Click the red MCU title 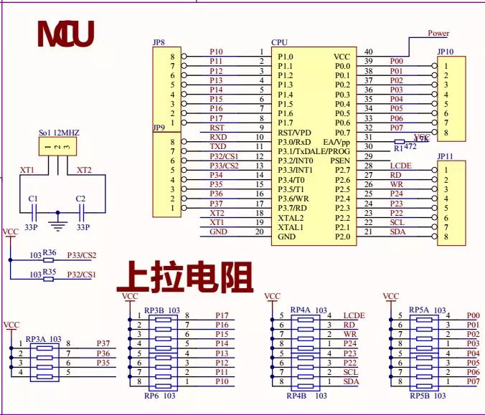(x=65, y=34)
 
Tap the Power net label (x=438, y=33)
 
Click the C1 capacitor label (x=32, y=199)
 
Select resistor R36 (x=49, y=253)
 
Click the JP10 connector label (x=445, y=52)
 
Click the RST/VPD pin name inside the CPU (x=295, y=133)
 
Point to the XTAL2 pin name (x=291, y=217)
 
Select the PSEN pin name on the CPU (x=339, y=161)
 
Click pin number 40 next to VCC (x=369, y=52)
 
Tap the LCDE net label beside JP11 (x=400, y=166)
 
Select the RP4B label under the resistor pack (x=297, y=395)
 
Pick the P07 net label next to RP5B (x=473, y=382)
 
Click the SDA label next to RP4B (x=351, y=382)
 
